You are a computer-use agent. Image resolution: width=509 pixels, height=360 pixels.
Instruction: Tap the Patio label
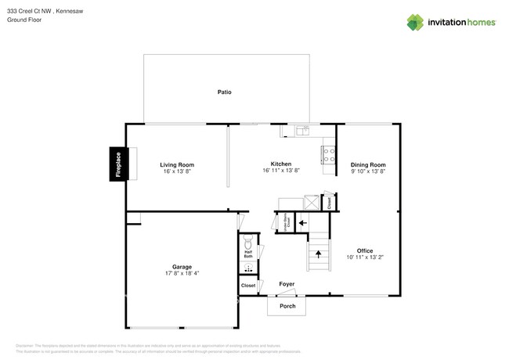pos(224,92)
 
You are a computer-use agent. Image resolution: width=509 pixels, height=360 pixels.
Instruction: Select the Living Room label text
pos(177,164)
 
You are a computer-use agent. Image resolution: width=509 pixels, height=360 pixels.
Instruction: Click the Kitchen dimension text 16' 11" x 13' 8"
pos(281,171)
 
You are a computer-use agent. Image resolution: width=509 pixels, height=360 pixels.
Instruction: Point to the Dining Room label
pos(368,164)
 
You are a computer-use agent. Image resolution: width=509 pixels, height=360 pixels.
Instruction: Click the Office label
pos(365,250)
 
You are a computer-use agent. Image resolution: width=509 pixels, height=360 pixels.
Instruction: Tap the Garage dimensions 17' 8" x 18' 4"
pos(182,273)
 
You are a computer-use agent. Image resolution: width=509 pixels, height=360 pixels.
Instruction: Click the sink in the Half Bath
pos(247,268)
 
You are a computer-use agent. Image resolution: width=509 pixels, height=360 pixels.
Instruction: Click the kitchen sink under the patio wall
pos(301,130)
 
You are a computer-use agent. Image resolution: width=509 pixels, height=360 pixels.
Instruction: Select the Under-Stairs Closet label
pos(286,221)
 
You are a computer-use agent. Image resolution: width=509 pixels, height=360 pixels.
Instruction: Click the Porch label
pos(287,306)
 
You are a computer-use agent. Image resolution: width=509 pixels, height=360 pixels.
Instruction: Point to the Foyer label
pos(287,284)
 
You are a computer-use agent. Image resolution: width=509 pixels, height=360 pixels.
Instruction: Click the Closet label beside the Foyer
pos(248,286)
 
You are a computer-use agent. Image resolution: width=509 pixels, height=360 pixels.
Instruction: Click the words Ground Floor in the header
pos(24,20)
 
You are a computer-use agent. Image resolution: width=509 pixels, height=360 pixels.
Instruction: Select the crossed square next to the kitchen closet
pos(312,202)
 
